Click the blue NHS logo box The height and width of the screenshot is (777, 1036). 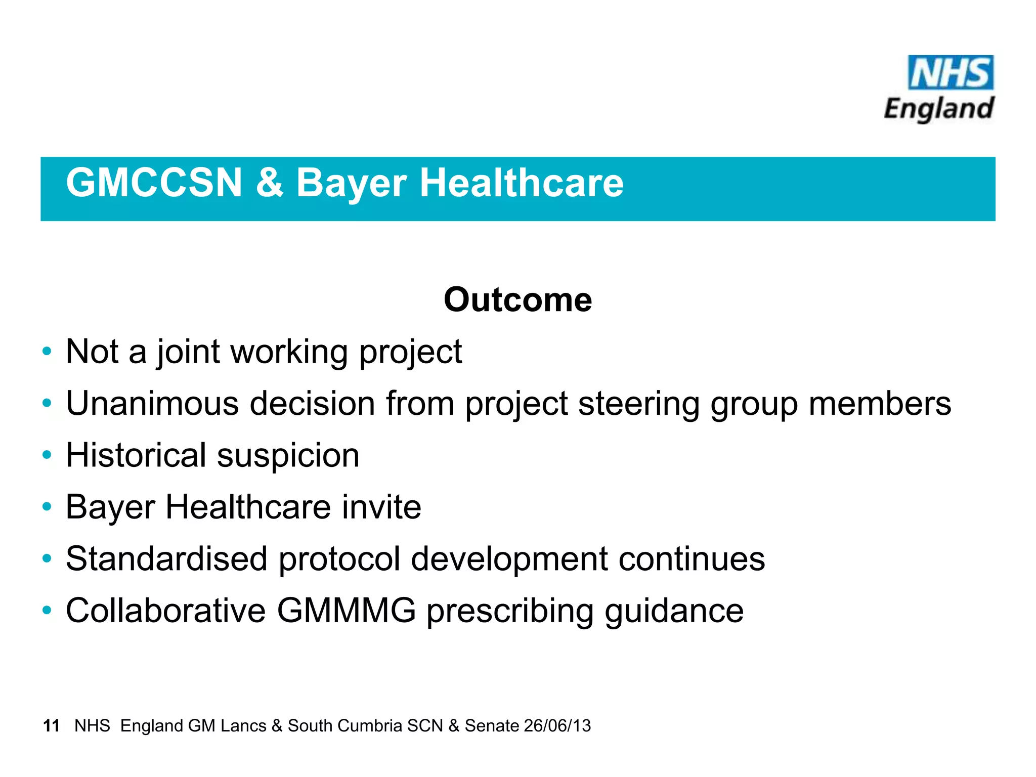[951, 72]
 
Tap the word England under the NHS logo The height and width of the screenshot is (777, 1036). [939, 109]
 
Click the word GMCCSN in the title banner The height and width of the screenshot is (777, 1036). [154, 183]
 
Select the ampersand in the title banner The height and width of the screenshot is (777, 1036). [269, 183]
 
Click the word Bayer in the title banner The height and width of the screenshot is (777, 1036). [351, 183]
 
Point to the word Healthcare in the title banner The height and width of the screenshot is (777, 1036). [522, 183]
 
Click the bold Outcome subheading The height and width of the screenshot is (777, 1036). [517, 300]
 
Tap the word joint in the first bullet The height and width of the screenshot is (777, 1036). [188, 352]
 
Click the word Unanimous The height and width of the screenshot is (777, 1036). [152, 404]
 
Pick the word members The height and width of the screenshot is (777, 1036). [880, 404]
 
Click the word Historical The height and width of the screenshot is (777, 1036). [136, 455]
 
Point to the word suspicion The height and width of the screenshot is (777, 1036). [288, 455]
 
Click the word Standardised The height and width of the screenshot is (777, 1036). [166, 559]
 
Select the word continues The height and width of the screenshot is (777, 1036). [692, 559]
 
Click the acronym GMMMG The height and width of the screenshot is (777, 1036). [346, 611]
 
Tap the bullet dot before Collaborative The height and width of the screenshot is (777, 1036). [47, 611]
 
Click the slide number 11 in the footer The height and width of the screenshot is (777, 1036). [52, 726]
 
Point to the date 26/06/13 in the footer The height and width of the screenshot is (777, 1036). [557, 726]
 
